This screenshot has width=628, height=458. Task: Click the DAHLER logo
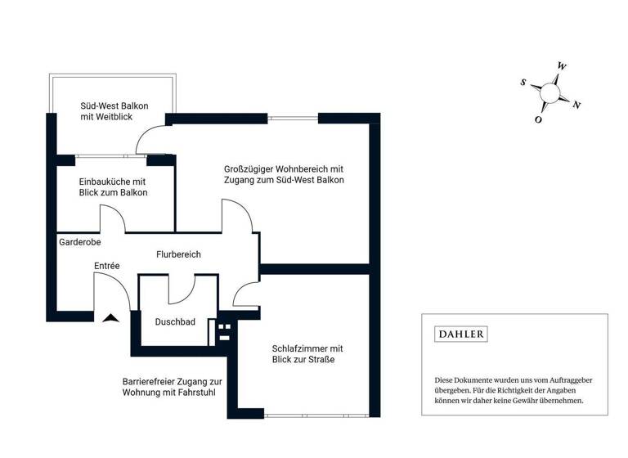460,334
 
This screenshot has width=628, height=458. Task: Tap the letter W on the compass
562,65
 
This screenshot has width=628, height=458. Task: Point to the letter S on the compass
523,82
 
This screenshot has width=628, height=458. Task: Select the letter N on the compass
576,104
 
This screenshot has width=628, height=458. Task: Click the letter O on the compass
538,119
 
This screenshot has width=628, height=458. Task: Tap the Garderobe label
78,243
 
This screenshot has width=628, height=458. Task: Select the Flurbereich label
178,254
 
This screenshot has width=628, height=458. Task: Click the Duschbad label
175,321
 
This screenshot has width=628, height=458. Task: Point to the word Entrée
106,267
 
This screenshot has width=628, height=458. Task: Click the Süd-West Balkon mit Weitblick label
114,112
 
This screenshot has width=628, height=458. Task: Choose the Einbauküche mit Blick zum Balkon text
113,186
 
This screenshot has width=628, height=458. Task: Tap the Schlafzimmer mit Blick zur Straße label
307,353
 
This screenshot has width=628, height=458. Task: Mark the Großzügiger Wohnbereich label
284,174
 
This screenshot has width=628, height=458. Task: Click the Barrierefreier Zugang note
172,387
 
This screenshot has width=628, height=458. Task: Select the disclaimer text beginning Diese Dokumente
514,390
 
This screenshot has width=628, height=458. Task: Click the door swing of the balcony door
150,140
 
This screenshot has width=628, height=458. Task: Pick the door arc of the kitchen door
112,218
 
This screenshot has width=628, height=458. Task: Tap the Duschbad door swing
182,290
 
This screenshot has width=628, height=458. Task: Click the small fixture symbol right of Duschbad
223,331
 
